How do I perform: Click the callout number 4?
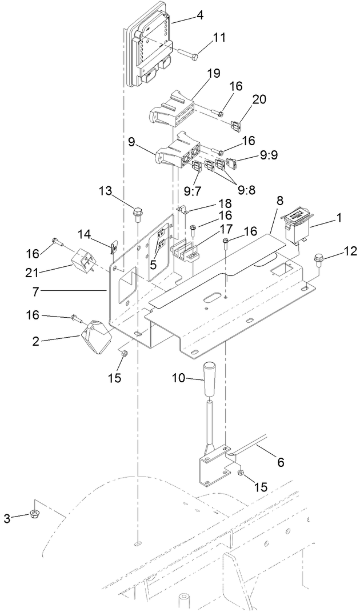tap(199, 15)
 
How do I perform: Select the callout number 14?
tap(84, 234)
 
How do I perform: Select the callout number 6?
tap(280, 463)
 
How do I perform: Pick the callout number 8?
tap(279, 201)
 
